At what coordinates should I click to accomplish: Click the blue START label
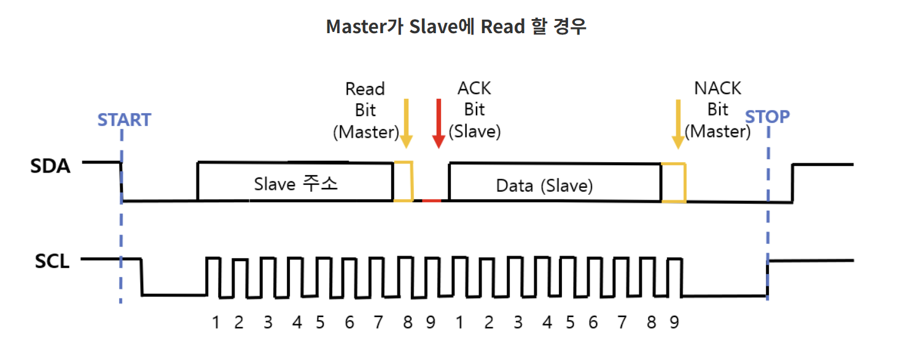(124, 119)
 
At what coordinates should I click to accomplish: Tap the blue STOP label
(767, 116)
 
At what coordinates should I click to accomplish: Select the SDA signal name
(50, 166)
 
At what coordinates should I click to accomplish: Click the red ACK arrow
(439, 123)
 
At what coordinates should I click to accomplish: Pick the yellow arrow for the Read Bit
(405, 123)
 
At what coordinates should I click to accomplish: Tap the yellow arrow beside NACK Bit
(678, 124)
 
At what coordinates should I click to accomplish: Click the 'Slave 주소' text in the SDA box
(295, 184)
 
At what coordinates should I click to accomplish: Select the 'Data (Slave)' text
(544, 186)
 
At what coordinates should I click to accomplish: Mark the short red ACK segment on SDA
(431, 200)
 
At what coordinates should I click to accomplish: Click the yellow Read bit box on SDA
(404, 181)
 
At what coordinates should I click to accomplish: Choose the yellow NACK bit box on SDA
(673, 182)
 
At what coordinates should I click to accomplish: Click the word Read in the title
(502, 26)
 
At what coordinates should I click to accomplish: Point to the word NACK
(717, 88)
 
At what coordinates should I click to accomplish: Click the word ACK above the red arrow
(474, 88)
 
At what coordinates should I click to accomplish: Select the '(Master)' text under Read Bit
(365, 131)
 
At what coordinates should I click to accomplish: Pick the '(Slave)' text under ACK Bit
(475, 131)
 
